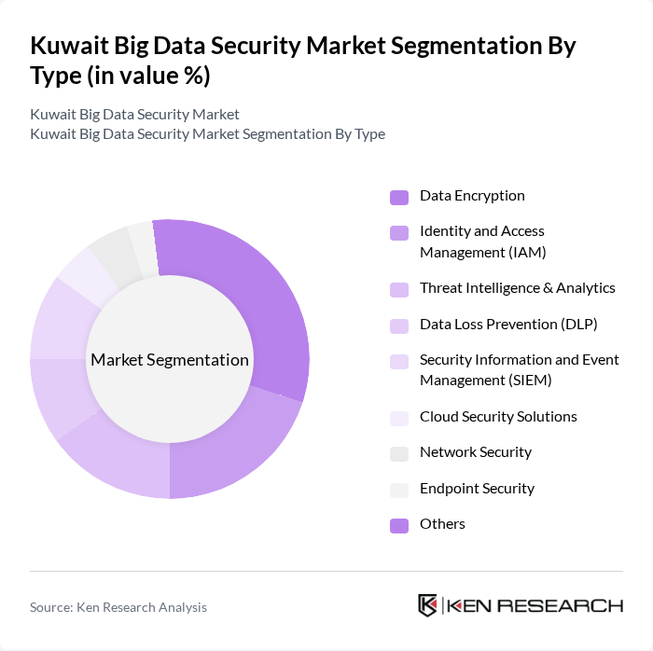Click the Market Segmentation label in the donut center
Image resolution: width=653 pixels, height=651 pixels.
pos(170,360)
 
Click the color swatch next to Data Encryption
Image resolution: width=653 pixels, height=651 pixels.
pos(399,197)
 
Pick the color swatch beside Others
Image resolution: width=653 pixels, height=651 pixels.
pos(399,525)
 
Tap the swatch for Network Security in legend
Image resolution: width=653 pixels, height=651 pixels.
pos(399,453)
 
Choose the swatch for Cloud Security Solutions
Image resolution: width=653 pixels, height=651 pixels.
pos(399,418)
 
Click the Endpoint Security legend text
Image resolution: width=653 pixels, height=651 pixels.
pos(477,489)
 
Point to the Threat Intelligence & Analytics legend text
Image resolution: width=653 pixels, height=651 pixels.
pos(517,288)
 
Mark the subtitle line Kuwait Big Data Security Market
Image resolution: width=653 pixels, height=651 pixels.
pos(134,115)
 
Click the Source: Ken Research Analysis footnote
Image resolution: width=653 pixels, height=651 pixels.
pos(118,607)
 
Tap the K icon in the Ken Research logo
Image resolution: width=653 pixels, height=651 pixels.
pos(428,605)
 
